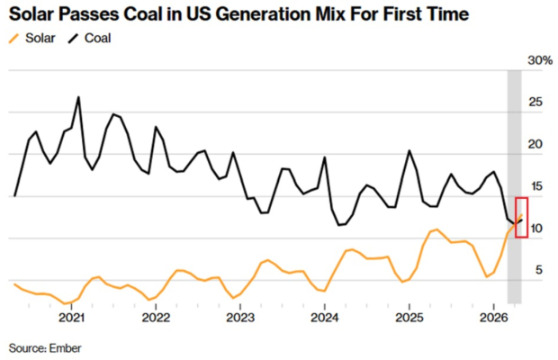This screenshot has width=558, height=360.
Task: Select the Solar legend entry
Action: tap(32, 38)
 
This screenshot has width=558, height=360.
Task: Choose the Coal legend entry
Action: tap(89, 38)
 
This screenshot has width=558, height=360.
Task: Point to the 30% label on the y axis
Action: tap(540, 60)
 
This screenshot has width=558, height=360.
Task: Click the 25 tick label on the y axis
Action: tap(535, 103)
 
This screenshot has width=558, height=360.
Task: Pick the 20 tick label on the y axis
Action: tap(535, 144)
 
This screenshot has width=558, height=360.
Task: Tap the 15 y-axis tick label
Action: tap(535, 186)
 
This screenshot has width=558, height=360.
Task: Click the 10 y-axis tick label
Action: tap(535, 229)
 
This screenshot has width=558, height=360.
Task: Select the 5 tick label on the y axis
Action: tap(539, 270)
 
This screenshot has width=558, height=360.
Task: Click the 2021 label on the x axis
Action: tap(71, 318)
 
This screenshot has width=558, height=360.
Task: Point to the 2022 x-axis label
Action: tap(156, 318)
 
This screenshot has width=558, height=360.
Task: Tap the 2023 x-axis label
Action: tap(240, 318)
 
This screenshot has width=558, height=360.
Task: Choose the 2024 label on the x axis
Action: tap(325, 318)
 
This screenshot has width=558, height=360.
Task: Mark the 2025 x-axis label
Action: tap(409, 318)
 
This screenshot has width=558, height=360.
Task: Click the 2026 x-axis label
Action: tap(493, 318)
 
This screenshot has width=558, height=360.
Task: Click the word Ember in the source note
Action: tap(65, 348)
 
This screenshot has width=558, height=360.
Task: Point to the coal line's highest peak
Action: tap(78, 97)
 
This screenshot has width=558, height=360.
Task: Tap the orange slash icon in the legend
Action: tap(13, 39)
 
